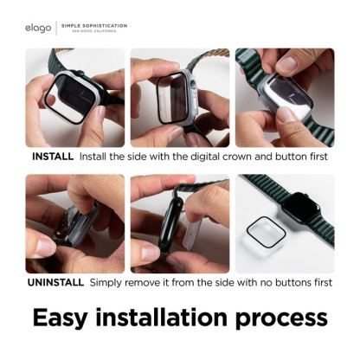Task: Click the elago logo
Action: click(x=38, y=28)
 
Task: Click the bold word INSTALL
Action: click(x=53, y=157)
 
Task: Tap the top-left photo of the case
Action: click(x=74, y=98)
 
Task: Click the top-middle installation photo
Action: click(x=179, y=98)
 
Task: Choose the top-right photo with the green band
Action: click(x=284, y=98)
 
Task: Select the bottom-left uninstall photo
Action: click(x=74, y=223)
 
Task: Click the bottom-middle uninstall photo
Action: click(x=179, y=223)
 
